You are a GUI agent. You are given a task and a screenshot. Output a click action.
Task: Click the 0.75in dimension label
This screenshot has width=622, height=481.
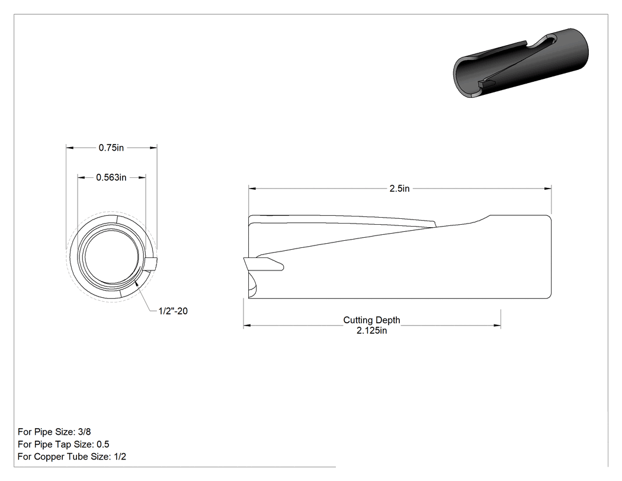pos(111,148)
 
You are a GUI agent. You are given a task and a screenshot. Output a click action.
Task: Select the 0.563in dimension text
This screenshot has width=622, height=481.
pos(111,177)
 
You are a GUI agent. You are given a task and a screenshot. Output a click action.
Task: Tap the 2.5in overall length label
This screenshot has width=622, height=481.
pos(399,189)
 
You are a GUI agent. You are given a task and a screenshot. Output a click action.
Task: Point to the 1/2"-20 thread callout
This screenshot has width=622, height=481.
pos(173,311)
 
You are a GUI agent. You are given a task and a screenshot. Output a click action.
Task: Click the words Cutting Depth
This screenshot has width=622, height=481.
pos(371,320)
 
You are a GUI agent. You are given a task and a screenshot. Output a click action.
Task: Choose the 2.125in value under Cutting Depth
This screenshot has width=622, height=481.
pos(371,330)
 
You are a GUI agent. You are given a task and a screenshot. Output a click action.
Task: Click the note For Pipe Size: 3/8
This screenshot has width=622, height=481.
pos(54,432)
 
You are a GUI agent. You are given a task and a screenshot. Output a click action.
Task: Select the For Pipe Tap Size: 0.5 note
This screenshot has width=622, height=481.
pos(63,444)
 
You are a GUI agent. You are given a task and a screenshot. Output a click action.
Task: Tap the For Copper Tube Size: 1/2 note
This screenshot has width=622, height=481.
pos(72,457)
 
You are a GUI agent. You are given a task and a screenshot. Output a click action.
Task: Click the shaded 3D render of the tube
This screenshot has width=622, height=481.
pos(521,63)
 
